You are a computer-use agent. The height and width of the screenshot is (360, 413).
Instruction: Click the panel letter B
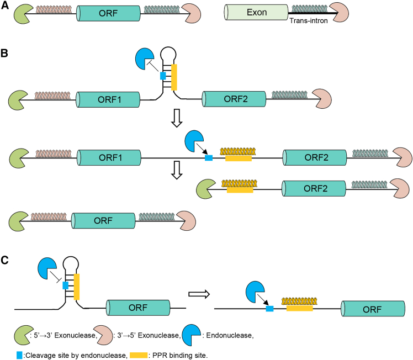pyautogui.click(x=5, y=55)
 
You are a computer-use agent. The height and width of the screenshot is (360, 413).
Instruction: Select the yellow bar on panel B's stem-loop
pyautogui.click(x=174, y=77)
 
